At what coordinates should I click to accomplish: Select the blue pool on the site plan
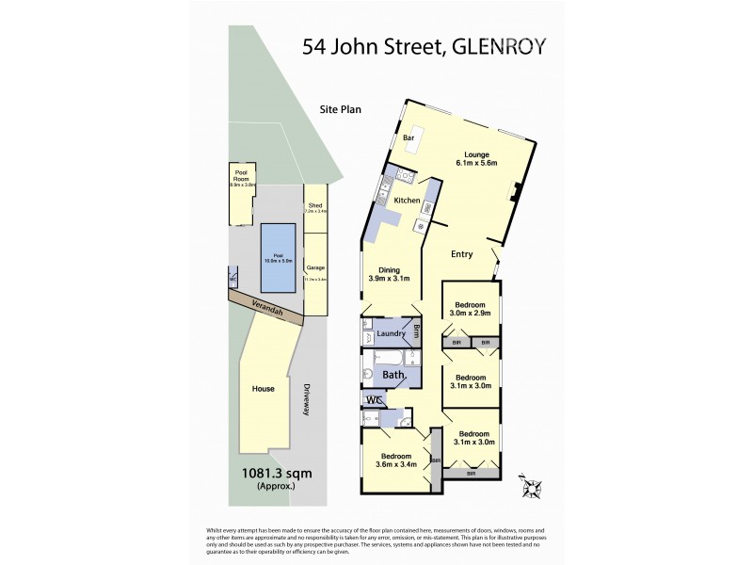point(279,249)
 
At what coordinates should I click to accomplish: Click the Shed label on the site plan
point(315,207)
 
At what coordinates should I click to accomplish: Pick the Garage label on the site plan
point(315,268)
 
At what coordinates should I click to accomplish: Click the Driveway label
point(308,401)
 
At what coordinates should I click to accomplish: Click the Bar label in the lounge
point(409,138)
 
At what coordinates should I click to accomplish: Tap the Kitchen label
point(406,201)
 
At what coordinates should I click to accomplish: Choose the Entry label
point(461,254)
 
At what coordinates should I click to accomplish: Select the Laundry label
point(391,333)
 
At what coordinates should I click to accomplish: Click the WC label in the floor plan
point(374,399)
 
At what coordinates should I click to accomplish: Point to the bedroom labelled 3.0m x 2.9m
point(471,311)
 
